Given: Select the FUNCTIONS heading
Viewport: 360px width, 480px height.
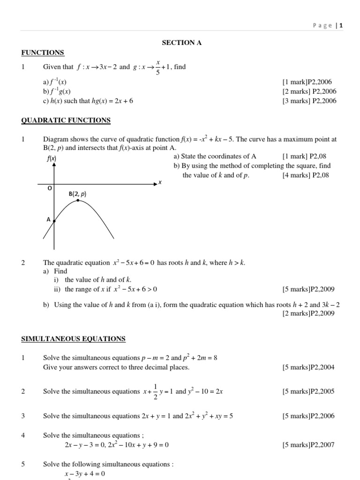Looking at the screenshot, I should tap(43, 52).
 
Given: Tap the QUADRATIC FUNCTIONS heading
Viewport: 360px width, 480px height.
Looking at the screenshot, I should tap(66, 120).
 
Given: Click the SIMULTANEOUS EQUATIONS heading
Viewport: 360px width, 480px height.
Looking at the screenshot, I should tap(74, 338).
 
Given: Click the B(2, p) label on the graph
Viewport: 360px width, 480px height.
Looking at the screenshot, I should tap(78, 194).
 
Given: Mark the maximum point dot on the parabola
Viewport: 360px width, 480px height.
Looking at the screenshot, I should tap(78, 201).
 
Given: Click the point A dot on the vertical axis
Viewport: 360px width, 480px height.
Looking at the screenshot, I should tap(54, 221).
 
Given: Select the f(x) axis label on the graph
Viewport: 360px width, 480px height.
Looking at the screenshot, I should tap(52, 159).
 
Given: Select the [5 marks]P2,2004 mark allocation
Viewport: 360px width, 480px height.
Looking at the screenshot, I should tap(308, 367).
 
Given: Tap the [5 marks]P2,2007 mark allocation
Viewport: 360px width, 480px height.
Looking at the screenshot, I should tap(308, 445).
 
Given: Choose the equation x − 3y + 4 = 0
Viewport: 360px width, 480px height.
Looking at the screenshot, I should tap(84, 473).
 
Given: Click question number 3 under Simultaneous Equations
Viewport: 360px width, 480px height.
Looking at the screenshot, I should tap(23, 416).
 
